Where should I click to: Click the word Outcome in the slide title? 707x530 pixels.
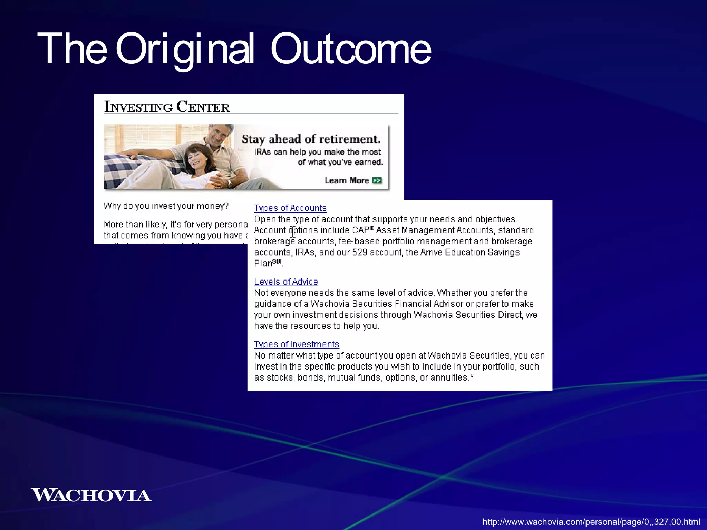pos(350,49)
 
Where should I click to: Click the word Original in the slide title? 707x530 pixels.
pos(185,49)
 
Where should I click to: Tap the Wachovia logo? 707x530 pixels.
pos(91,495)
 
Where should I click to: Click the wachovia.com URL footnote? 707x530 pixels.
pos(591,522)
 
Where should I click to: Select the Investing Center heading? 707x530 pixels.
pos(167,107)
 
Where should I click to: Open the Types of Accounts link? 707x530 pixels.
pos(290,208)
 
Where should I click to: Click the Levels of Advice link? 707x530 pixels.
pos(285,282)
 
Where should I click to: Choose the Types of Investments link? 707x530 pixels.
pos(296,344)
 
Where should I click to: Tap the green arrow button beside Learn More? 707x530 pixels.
pos(377,180)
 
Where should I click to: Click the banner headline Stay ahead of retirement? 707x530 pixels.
pos(311,139)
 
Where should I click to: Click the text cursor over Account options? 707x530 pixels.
pos(293,232)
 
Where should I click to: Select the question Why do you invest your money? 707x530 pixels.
pos(166,206)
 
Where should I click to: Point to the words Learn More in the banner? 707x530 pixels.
pos(347,180)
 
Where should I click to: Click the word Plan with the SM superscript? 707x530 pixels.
pos(263,264)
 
